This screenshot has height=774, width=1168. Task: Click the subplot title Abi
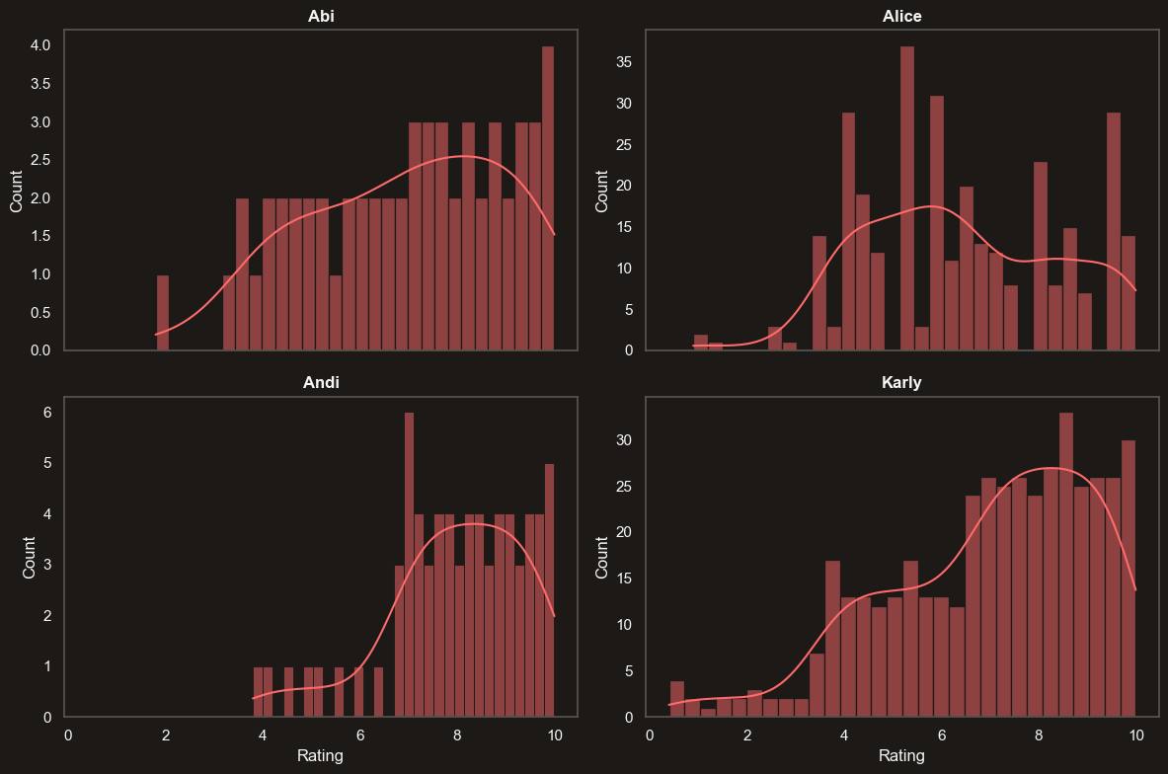[x=322, y=16]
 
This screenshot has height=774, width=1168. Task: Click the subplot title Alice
[x=901, y=16]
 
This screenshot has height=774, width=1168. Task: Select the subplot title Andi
[x=322, y=383]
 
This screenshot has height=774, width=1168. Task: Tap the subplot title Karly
[x=901, y=383]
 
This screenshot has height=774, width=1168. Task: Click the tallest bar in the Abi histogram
[x=547, y=197]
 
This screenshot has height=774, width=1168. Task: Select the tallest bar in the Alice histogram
[x=906, y=197]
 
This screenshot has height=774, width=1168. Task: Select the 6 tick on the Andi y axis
[x=45, y=413]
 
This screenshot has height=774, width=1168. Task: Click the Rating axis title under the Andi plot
[x=320, y=757]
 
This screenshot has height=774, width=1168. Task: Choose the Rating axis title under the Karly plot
[x=901, y=757]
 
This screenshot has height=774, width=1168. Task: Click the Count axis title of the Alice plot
[x=601, y=191]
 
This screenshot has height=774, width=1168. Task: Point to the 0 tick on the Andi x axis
[x=68, y=735]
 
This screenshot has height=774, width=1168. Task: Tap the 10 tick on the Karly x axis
[x=1136, y=735]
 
